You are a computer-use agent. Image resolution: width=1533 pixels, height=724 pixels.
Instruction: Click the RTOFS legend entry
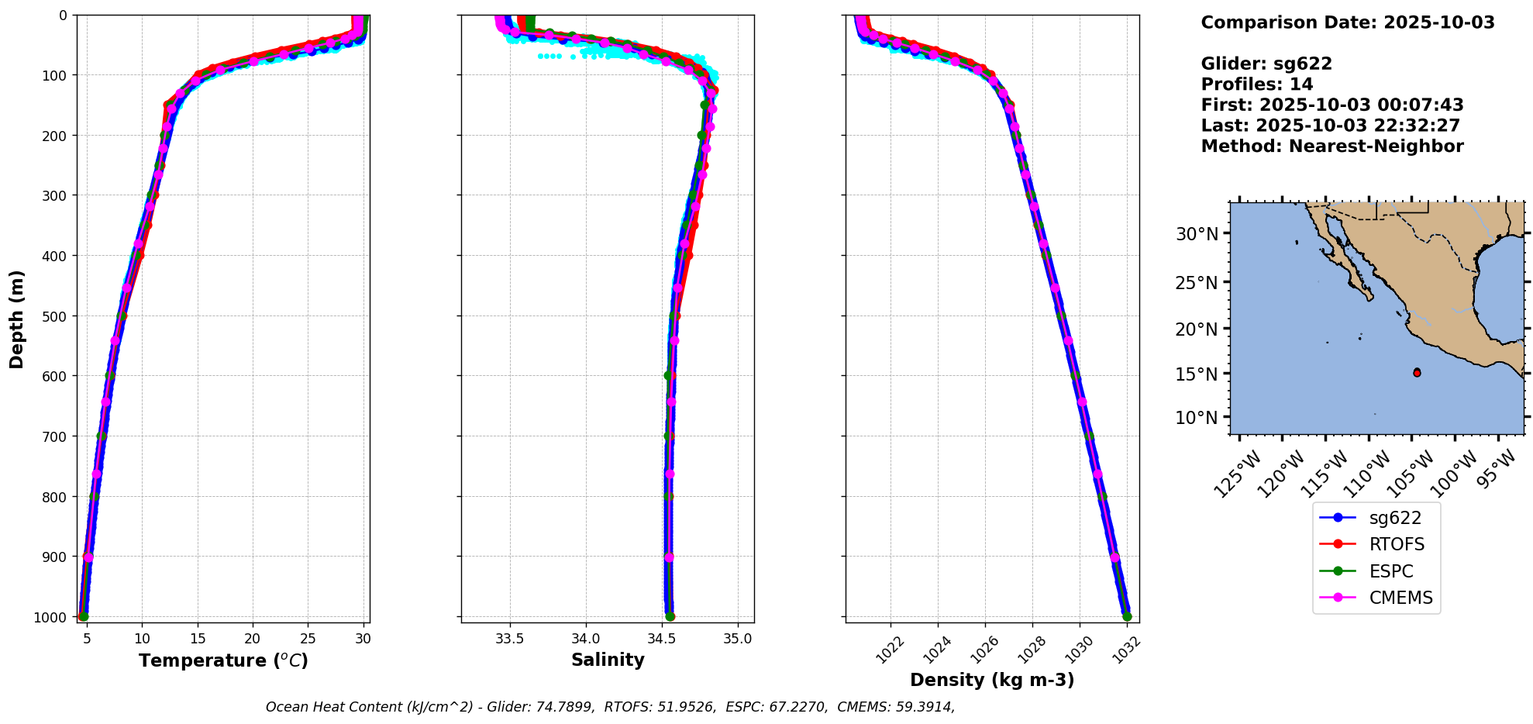coord(1396,544)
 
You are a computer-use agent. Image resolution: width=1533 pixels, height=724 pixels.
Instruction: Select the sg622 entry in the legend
coord(1394,518)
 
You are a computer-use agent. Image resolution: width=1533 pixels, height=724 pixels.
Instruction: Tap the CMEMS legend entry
coord(1400,598)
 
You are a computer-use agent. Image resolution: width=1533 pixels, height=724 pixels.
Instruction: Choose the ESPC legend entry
coord(1390,571)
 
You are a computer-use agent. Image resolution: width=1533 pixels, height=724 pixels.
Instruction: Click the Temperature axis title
coord(223,660)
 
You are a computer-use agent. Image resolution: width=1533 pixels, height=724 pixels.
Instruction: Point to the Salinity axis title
coord(608,660)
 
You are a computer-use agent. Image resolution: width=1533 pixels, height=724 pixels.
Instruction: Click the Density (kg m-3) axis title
coord(991,680)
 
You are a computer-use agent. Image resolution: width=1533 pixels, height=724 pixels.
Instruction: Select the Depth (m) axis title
coord(16,319)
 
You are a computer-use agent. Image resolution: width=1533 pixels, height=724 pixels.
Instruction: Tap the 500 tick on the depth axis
coord(56,315)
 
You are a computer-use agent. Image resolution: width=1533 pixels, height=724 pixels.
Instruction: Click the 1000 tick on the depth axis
coord(53,616)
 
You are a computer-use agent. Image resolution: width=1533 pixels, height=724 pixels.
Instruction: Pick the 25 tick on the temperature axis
coord(308,639)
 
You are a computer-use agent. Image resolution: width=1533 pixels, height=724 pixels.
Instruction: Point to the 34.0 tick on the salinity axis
coord(585,639)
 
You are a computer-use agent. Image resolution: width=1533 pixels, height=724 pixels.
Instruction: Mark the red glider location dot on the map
coord(1417,373)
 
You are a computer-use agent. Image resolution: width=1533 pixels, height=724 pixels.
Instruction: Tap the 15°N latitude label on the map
coord(1197,374)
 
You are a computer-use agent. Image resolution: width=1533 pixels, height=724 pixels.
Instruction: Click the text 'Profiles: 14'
coord(1256,84)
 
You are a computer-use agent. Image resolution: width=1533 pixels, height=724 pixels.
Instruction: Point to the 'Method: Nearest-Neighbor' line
coord(1331,146)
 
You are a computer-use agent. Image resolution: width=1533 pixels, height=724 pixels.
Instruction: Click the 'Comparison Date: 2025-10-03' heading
coord(1347,22)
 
